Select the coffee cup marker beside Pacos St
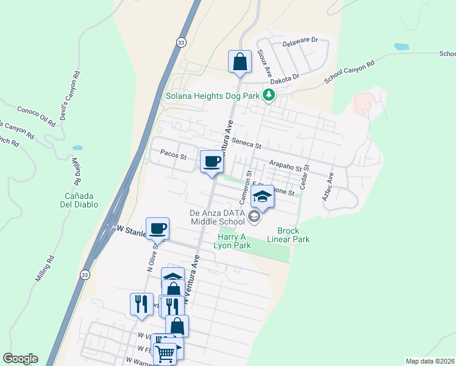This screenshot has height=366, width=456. pyautogui.click(x=212, y=162)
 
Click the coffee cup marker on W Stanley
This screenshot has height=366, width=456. pyautogui.click(x=157, y=229)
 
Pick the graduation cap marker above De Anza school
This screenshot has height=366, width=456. pyautogui.click(x=263, y=196)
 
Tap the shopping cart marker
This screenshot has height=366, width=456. pyautogui.click(x=165, y=353)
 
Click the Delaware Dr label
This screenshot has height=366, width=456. pyautogui.click(x=301, y=41)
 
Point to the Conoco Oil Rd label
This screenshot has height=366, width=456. pyautogui.click(x=36, y=117)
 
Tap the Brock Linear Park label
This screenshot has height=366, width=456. pyautogui.click(x=293, y=235)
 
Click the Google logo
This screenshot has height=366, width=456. pyautogui.click(x=20, y=359)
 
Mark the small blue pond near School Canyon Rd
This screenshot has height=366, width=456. pyautogui.click(x=402, y=46)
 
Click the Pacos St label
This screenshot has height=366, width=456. pyautogui.click(x=173, y=156)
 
